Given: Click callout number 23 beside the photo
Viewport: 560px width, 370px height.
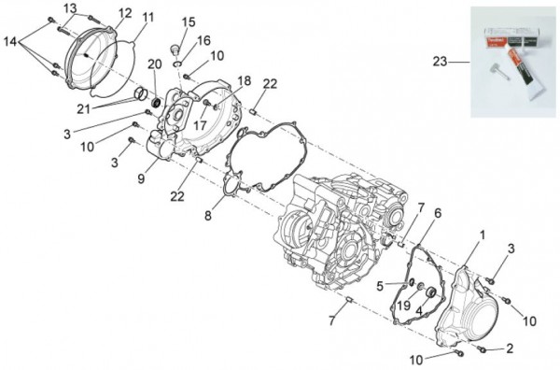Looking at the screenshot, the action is coord(440,62).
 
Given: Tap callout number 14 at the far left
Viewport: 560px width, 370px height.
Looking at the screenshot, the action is coord(10,42).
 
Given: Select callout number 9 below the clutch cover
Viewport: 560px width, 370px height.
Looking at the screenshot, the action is coord(141,178).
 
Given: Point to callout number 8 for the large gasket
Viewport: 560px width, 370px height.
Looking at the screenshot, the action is coord(208,216).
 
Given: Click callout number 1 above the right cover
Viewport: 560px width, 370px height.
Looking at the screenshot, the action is coord(483,235).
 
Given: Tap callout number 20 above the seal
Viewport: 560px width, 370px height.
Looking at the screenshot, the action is coord(155,64).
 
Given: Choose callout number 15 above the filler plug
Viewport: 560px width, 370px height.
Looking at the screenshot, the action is coord(189,22).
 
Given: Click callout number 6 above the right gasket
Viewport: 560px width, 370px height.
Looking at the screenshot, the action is coord(438,213).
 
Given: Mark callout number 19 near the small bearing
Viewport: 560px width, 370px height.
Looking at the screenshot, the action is coord(404,306).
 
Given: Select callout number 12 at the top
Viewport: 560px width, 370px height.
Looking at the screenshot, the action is coord(125,13).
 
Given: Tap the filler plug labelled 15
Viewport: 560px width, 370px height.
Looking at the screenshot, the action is coord(175,50).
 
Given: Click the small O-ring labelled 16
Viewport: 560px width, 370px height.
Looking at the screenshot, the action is coord(177,64).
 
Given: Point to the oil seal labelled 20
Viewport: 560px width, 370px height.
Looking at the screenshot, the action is coord(156,102).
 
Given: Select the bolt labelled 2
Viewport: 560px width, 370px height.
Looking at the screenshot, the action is coord(482,348).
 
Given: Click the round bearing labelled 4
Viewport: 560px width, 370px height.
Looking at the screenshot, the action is coord(430,292).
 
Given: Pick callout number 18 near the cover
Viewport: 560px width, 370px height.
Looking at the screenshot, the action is coord(245,80).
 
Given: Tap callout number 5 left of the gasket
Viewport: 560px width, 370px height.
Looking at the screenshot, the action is coord(380,286).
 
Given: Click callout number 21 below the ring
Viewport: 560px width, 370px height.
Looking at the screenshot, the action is coord(83,109).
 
